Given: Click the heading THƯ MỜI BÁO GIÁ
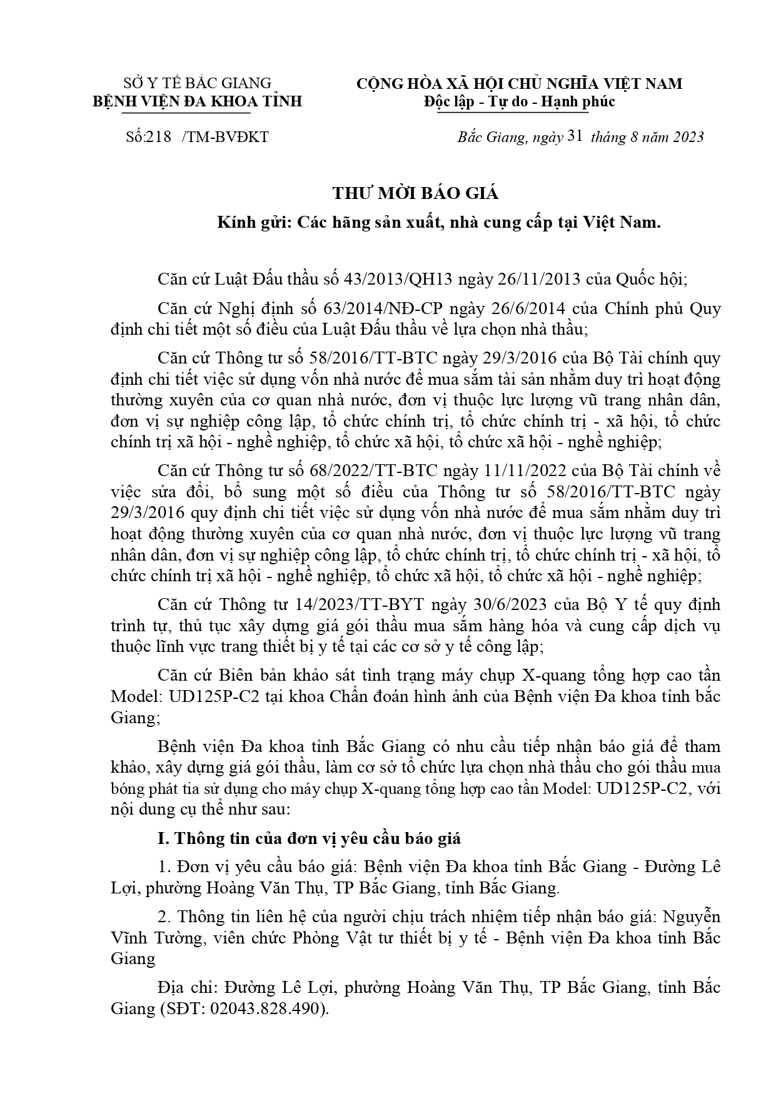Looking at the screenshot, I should click(x=415, y=193).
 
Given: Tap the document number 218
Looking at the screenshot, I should click(x=159, y=137).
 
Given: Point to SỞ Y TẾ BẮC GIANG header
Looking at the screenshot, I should click(x=198, y=83).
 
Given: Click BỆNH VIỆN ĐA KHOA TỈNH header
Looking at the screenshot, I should click(x=198, y=101).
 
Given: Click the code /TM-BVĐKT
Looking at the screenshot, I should click(x=224, y=137).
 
